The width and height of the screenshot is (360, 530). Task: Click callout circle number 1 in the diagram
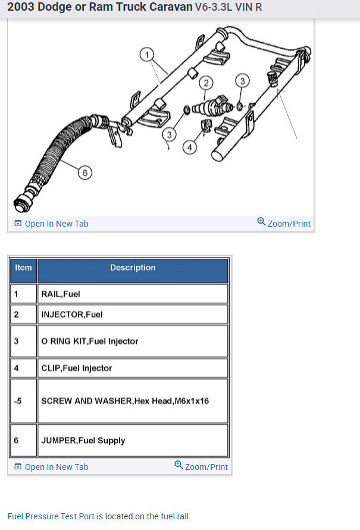(x=146, y=55)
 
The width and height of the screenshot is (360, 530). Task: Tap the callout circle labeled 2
(x=206, y=82)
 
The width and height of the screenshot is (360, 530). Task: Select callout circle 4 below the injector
(x=189, y=147)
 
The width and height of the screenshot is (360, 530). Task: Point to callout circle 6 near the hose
(x=86, y=173)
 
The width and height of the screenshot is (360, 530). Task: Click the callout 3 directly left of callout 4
(x=168, y=134)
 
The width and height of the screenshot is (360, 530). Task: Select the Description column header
(x=133, y=268)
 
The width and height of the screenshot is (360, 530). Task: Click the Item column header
(x=23, y=268)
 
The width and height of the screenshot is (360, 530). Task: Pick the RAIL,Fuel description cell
(x=133, y=294)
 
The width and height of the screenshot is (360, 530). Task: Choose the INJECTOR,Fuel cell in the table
(x=133, y=314)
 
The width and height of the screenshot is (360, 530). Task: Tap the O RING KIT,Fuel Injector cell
(x=133, y=341)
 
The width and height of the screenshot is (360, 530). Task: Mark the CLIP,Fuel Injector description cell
(x=133, y=368)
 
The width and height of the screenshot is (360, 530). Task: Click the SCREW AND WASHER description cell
(x=133, y=401)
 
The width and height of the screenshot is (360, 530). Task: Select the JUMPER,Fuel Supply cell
(x=133, y=441)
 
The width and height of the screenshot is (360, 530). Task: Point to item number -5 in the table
(x=18, y=401)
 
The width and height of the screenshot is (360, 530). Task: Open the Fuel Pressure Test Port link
(x=51, y=516)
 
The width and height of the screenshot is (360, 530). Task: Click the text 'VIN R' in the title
(x=249, y=8)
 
